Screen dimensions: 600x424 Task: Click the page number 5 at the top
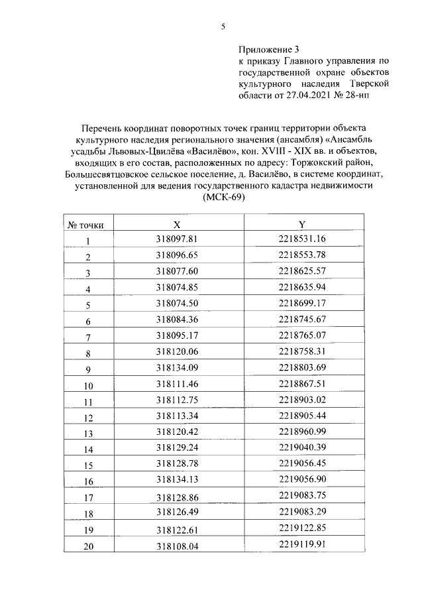click(223, 27)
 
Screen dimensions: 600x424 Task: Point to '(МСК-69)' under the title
click(223, 199)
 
